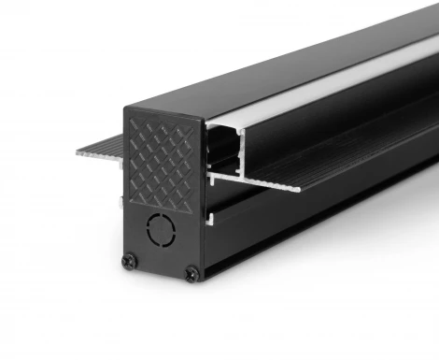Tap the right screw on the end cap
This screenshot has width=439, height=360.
(191, 273)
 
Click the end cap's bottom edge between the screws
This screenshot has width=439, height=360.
(161, 273)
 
